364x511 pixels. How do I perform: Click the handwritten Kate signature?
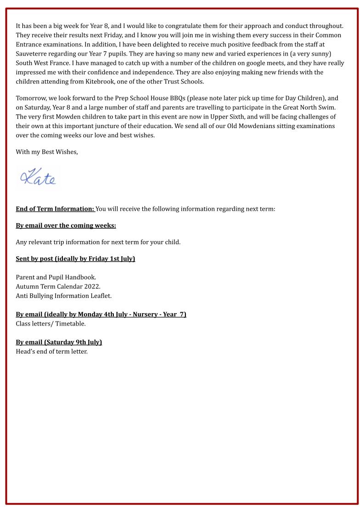(38, 178)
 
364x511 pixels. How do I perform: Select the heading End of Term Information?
(55, 209)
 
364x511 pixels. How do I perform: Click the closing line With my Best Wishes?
(47, 152)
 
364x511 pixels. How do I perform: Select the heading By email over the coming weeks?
(66, 225)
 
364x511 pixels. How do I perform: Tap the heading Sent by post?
(75, 258)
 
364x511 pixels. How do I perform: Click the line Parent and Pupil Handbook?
(56, 277)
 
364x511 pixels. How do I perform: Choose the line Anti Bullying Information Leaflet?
(64, 296)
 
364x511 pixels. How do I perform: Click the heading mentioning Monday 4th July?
(101, 314)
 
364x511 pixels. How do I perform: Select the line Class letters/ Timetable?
(51, 324)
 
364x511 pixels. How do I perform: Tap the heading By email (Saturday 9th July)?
(59, 342)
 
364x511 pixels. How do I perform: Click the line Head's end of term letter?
(51, 352)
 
